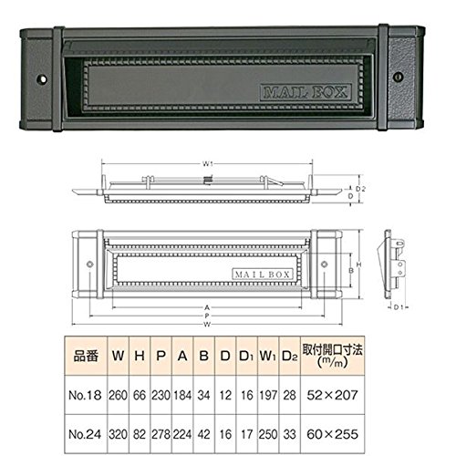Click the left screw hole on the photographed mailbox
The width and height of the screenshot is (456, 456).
coord(42,79)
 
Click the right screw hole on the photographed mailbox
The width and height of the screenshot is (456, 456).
coord(398,77)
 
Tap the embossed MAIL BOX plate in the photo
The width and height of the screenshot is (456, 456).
coord(306,92)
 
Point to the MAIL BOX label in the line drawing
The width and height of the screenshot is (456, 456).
coord(263,275)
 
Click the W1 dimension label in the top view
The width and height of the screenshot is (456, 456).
coord(207,164)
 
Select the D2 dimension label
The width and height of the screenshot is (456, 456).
coord(360,189)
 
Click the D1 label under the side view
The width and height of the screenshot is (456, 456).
coord(399,307)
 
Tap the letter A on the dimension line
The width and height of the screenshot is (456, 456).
coord(207,307)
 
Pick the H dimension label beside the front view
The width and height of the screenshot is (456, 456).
coord(358,264)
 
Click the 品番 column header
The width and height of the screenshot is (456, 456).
coord(86,356)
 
